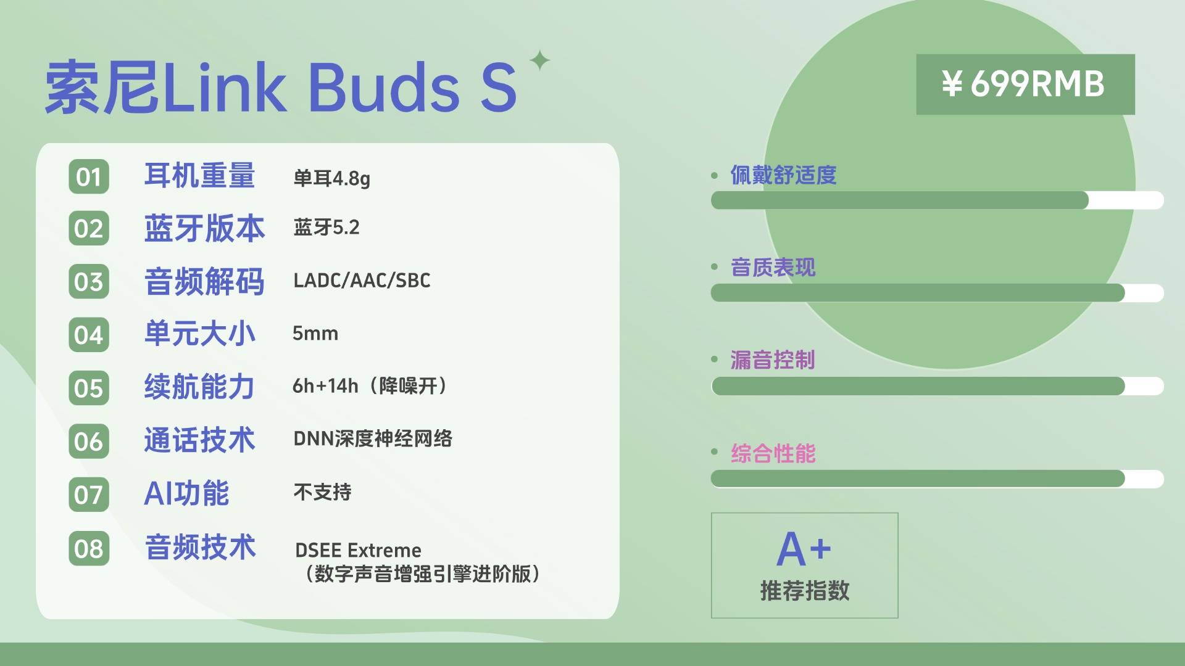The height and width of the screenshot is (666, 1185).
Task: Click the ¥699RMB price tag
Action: coord(1025,84)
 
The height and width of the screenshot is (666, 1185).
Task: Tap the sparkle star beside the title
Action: coord(540,60)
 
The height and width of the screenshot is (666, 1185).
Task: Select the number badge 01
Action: coord(89,177)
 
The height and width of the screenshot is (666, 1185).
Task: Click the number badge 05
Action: coord(89,388)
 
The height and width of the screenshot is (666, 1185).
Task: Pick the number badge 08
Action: coord(89,548)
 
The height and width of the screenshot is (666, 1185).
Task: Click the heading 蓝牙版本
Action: coord(204,228)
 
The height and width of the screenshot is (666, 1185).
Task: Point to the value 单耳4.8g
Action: coord(331,179)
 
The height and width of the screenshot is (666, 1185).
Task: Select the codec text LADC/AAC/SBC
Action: coord(362,281)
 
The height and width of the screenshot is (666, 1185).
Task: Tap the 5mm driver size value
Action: coord(315,334)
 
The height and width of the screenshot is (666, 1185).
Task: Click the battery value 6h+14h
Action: coord(325,386)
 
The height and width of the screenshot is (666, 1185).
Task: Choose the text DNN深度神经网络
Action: coord(373,439)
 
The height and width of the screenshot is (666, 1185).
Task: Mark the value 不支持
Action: coord(322,492)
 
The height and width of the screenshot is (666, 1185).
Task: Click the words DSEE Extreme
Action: coord(358,550)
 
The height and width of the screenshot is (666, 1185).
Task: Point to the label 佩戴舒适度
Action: coord(783,175)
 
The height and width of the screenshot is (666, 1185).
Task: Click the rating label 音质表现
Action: coord(773,268)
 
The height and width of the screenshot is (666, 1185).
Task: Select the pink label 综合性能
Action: coord(773,453)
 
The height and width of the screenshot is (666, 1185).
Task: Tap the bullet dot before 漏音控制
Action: coord(715,359)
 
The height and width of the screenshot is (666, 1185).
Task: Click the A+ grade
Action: coord(804,549)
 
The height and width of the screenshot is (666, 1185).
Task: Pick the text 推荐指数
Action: coord(805,591)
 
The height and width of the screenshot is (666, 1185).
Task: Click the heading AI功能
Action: coord(186,493)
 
